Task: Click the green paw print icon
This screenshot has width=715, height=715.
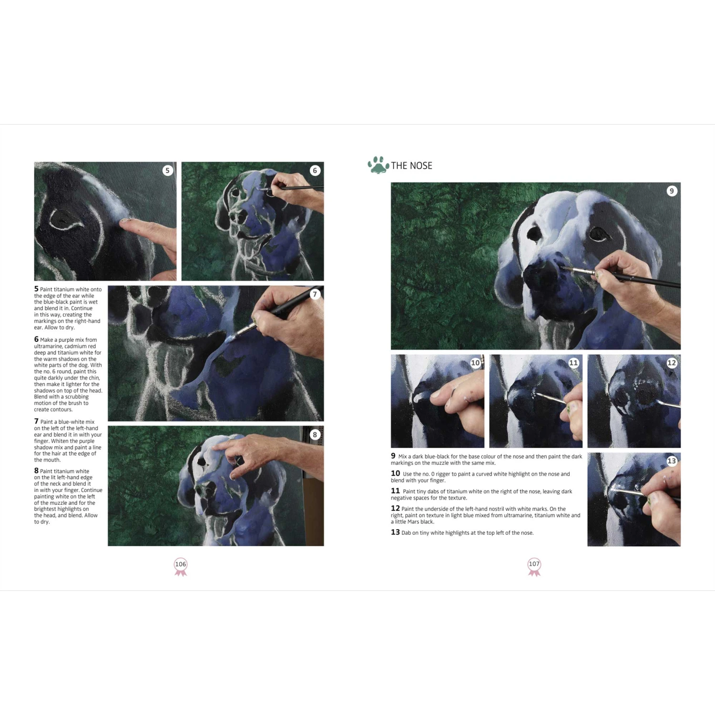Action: (x=378, y=165)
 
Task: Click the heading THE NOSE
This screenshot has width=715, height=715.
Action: (x=411, y=166)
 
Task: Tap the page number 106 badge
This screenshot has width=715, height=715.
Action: (x=181, y=565)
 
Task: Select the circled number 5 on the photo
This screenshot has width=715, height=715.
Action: (x=167, y=171)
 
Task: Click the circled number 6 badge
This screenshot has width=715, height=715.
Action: (x=315, y=171)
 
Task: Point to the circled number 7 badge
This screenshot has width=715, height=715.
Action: (x=315, y=294)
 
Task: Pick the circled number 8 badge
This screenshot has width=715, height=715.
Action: (x=315, y=435)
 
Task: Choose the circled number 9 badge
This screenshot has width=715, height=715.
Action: (x=672, y=191)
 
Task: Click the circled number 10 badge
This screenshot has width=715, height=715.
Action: (x=475, y=363)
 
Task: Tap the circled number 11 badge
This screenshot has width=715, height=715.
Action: (x=573, y=363)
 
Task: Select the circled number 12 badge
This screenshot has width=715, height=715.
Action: (x=672, y=363)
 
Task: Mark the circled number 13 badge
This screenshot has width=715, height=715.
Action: (x=672, y=461)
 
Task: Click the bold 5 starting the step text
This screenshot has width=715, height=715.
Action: (x=36, y=289)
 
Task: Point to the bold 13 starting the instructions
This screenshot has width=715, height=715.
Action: (x=395, y=532)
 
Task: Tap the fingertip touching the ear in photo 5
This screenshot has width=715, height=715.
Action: (x=125, y=222)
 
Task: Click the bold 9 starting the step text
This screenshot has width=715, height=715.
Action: (x=393, y=456)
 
